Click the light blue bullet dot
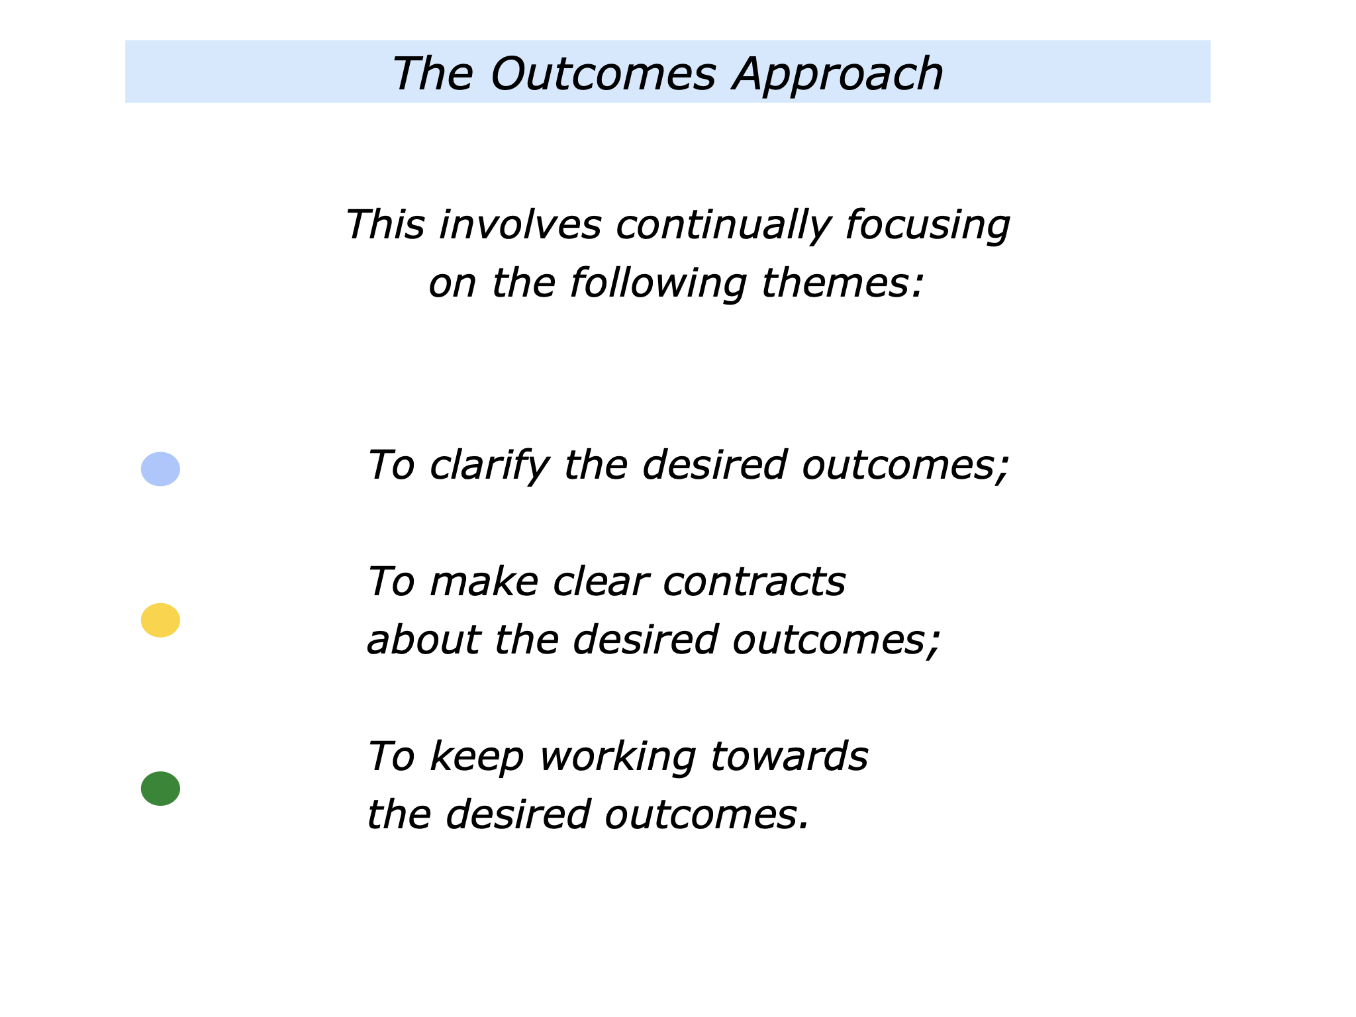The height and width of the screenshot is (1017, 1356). click(160, 469)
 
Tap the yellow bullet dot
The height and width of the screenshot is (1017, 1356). click(160, 620)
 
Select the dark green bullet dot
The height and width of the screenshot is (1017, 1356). click(160, 789)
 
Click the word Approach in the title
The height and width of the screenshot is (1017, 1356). click(838, 74)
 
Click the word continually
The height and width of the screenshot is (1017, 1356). click(722, 225)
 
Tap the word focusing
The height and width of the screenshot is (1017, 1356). click(928, 225)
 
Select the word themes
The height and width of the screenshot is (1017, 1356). click(842, 283)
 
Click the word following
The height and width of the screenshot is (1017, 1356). click(659, 283)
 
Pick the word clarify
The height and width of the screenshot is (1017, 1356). click(489, 465)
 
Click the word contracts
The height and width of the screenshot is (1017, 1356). click(754, 582)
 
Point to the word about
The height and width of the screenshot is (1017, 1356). click(423, 640)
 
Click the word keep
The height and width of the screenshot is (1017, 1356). click(477, 757)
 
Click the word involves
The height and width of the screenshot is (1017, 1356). click(520, 225)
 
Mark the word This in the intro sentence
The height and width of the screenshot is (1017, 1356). click(385, 225)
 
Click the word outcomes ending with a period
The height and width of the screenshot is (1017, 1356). click(706, 814)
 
